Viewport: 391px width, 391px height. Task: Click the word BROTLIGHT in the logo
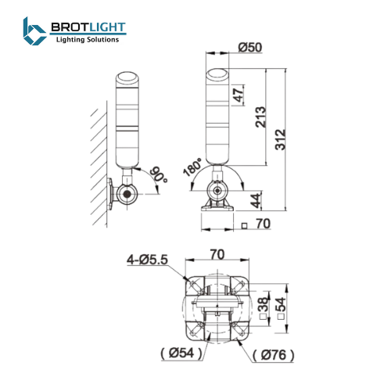(87, 28)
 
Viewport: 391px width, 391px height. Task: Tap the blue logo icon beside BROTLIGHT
(34, 32)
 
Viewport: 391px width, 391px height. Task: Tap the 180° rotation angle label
(192, 167)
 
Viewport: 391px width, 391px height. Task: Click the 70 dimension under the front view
(263, 224)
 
